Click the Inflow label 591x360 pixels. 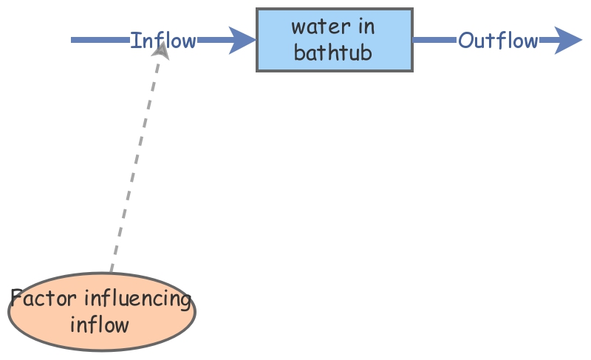[163, 40]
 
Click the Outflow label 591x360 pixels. [498, 40]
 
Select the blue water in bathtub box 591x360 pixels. [334, 40]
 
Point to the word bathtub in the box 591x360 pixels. [333, 53]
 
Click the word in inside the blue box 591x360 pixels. [366, 27]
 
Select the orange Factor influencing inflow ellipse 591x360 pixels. [102, 311]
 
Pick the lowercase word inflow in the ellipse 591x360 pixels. [100, 325]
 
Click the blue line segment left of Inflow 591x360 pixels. [100, 40]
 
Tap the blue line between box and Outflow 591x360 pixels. [434, 40]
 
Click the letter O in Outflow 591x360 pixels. [465, 40]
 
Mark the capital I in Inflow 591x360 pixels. [134, 40]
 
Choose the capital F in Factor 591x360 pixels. [17, 299]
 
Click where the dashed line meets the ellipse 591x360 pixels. [111, 273]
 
